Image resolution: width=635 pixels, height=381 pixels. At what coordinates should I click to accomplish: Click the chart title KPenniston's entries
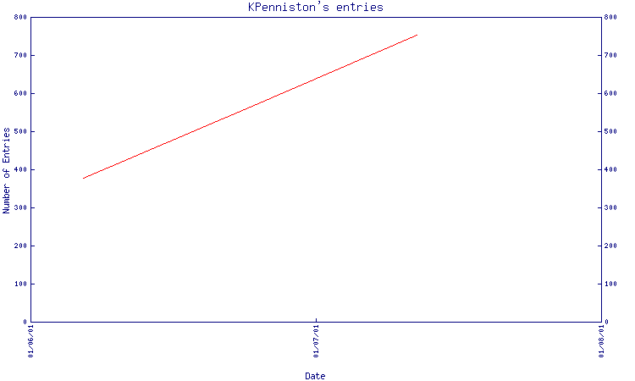[x=316, y=8]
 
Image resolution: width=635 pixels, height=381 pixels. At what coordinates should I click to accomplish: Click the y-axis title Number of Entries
[x=6, y=170]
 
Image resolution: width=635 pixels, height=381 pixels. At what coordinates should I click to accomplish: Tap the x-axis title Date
[x=315, y=376]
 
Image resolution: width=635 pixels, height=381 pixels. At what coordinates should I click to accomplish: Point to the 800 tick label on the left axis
[x=20, y=17]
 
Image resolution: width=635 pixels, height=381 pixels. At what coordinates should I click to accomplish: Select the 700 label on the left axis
[x=20, y=55]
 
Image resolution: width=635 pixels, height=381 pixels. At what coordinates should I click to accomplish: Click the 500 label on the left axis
[x=20, y=131]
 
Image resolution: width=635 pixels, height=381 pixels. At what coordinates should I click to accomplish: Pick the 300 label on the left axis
[x=20, y=207]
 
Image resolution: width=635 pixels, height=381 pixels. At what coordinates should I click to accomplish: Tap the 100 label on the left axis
[x=20, y=284]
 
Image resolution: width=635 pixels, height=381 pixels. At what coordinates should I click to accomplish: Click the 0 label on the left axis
[x=25, y=322]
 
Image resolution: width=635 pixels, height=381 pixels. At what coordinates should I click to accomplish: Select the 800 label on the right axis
[x=610, y=17]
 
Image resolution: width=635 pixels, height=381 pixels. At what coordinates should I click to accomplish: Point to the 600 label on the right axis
[x=610, y=93]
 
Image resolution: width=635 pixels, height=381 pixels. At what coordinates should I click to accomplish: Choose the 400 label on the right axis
[x=610, y=169]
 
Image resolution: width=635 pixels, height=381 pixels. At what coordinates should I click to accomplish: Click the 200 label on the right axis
[x=610, y=246]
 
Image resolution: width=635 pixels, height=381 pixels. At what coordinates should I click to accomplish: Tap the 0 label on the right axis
[x=606, y=322]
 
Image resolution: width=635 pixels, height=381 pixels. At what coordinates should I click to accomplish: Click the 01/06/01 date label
[x=30, y=341]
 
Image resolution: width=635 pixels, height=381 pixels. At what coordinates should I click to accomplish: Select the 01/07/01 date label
[x=316, y=341]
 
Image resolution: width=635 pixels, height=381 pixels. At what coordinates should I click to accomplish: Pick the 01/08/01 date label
[x=601, y=341]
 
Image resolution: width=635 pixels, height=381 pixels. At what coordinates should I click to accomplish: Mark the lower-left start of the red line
[x=83, y=178]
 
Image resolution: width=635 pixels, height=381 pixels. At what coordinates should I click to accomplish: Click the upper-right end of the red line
[x=417, y=35]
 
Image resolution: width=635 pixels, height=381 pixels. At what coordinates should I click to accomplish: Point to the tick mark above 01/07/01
[x=317, y=320]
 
